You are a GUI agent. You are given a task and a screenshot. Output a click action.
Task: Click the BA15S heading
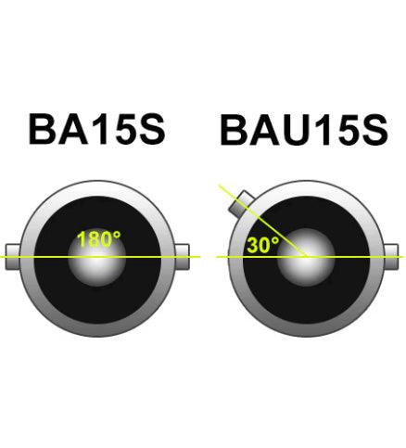coord(96,129)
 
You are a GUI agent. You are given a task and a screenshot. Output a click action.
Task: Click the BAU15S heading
coord(304,130)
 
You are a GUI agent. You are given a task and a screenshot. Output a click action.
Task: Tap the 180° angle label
coord(98,239)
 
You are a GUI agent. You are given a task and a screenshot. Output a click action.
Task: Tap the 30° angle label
coord(263,245)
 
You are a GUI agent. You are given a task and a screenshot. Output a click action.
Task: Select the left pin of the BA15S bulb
coord(13,257)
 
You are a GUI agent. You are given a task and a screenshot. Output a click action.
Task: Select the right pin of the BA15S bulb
coord(183,257)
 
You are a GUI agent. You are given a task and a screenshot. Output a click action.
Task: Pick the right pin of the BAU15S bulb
coord(391,257)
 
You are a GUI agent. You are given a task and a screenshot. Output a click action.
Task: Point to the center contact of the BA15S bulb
coord(97,257)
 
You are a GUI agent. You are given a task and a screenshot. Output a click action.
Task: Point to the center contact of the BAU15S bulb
coord(306,257)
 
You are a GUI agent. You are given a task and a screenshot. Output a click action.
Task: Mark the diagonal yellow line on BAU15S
coord(262,221)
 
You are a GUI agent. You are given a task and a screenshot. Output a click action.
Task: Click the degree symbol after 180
coord(117,235)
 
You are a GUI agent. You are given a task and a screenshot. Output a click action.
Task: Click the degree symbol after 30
coord(275,241)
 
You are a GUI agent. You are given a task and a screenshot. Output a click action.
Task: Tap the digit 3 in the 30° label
coord(253,245)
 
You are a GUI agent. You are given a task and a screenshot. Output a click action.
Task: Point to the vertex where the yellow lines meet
coord(307,257)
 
